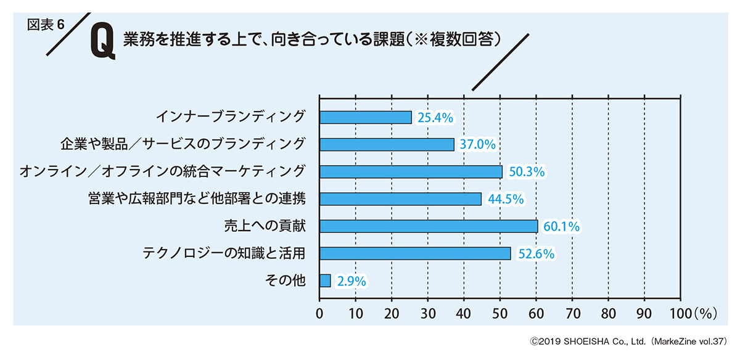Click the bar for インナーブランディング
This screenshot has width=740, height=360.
365,117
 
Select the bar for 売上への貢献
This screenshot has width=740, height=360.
429,226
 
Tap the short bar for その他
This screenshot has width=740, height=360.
325,281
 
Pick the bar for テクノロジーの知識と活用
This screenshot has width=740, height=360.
415,253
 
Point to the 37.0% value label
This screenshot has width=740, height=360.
477,145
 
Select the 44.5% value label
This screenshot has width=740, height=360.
505,199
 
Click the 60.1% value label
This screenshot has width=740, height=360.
561,227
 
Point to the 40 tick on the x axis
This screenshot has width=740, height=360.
464,313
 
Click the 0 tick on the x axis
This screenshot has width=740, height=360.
319,313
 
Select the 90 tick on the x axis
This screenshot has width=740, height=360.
644,313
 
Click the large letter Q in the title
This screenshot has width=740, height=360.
102,44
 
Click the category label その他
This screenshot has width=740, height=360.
285,281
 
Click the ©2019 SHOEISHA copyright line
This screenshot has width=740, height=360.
623,340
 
